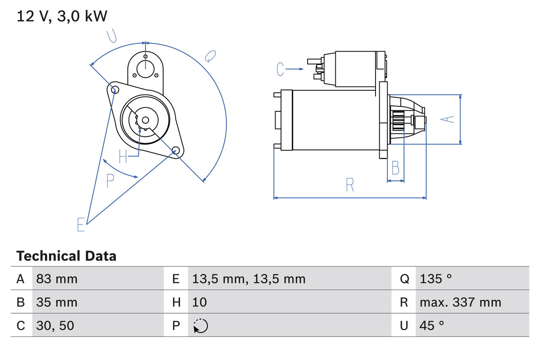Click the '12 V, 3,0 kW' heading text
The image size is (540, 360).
coord(62,16)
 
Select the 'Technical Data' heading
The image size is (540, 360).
coord(66,256)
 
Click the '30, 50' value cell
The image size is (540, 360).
coord(55,325)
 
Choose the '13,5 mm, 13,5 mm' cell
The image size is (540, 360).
coord(248,279)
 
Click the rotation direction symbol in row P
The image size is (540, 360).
coord(200,326)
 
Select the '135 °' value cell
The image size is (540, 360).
coord(436,279)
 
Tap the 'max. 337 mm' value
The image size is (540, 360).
coord(460,302)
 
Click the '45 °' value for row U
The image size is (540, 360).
coord(432,325)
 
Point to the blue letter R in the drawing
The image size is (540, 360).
coord(350,185)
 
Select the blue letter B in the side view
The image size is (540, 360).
coord(395,168)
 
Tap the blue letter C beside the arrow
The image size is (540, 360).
coord(281,69)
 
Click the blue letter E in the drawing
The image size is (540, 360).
coord(81,225)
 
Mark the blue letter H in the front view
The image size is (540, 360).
coord(123,157)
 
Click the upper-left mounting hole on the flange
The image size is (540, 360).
coord(113,89)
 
